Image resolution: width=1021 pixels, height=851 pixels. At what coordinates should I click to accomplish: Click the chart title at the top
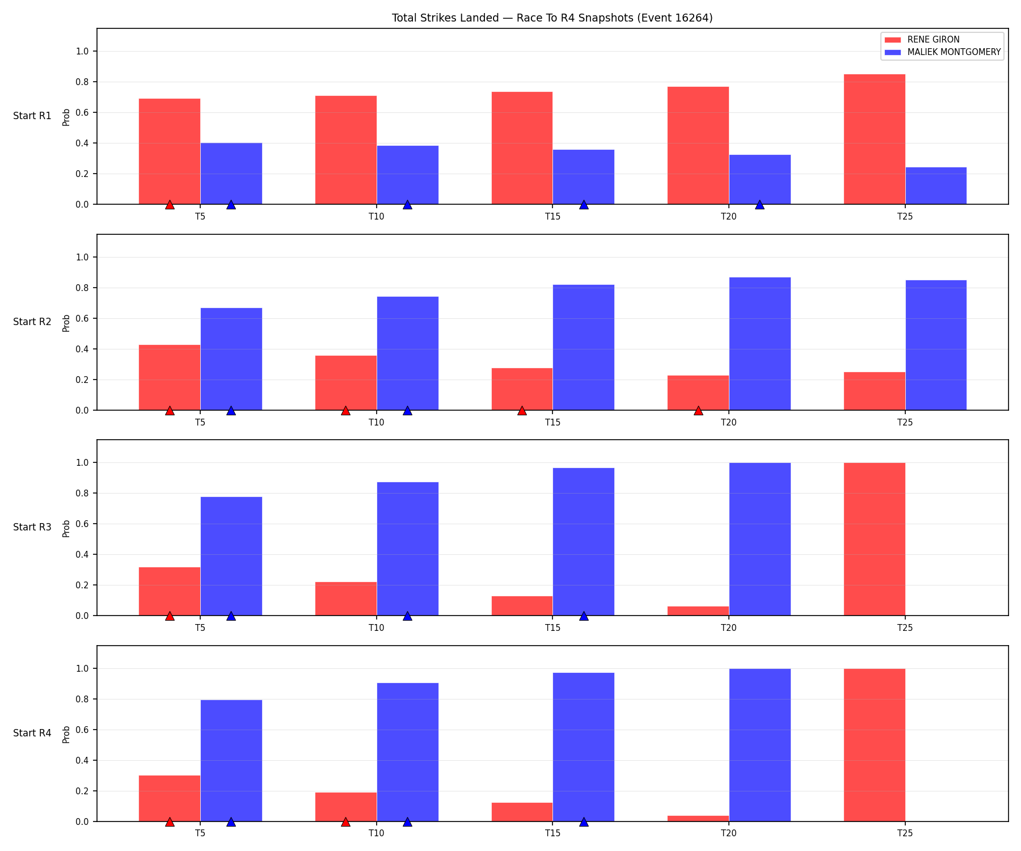pos(552,18)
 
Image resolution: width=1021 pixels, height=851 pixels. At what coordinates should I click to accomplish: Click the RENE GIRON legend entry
pos(921,40)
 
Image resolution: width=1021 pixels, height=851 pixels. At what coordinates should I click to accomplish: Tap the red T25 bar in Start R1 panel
pos(874,139)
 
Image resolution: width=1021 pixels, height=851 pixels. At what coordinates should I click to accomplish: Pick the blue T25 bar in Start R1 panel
pos(936,186)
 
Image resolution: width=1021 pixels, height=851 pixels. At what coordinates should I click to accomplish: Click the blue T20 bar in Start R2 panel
pos(760,344)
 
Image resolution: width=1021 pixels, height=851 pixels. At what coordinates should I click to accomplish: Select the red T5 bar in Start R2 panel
pos(170,377)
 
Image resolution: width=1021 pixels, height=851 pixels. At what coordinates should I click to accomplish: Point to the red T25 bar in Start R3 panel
pos(874,539)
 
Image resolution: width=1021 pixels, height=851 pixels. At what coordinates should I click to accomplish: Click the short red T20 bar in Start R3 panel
pos(698,611)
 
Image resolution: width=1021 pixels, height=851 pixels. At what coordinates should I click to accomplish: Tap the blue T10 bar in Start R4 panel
pos(407,752)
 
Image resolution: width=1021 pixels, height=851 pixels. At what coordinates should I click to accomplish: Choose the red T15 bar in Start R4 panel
pos(522,812)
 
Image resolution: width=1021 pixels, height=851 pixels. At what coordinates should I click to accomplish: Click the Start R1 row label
pos(32,116)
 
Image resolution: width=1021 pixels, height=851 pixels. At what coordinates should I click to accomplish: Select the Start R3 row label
pos(32,528)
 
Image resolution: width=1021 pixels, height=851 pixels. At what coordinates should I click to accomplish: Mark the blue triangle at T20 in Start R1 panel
pos(760,205)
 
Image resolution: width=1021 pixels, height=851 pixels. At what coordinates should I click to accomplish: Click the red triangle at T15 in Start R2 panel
pos(522,411)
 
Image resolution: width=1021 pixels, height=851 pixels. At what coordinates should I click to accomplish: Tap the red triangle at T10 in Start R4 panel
pos(345,822)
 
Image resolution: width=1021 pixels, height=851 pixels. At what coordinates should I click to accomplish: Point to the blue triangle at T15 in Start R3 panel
pos(584,616)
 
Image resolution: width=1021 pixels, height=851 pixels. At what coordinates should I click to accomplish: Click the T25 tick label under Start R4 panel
pos(905,833)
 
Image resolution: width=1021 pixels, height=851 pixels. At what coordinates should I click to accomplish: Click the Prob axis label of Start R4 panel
pos(66,734)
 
